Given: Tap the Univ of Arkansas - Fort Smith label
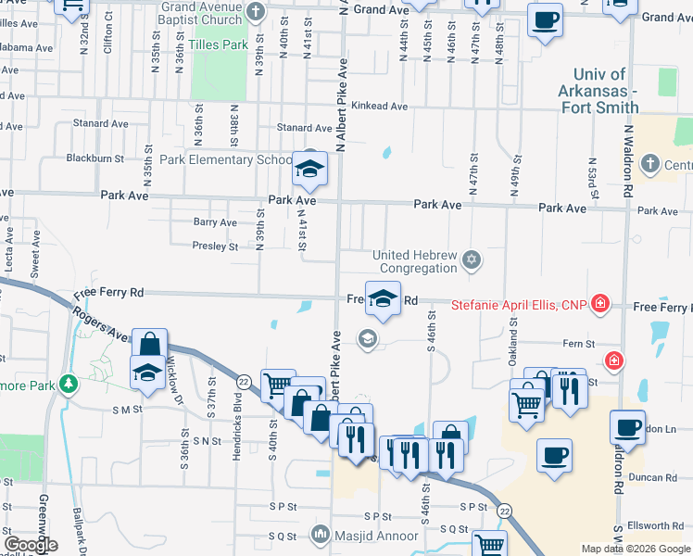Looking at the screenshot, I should coord(599,90).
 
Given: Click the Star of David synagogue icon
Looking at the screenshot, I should coord(472,259).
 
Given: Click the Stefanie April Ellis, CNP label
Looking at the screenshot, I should coord(520,303).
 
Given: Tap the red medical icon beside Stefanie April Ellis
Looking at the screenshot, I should coord(600,303).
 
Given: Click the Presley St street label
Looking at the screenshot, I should coord(215,246).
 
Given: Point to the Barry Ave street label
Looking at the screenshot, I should coord(215,222).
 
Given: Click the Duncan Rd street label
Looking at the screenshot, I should coord(658,478).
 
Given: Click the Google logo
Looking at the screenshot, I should coord(31,545).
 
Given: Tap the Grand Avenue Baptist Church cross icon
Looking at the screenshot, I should coord(258,12).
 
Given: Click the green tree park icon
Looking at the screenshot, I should coord(67,383).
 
